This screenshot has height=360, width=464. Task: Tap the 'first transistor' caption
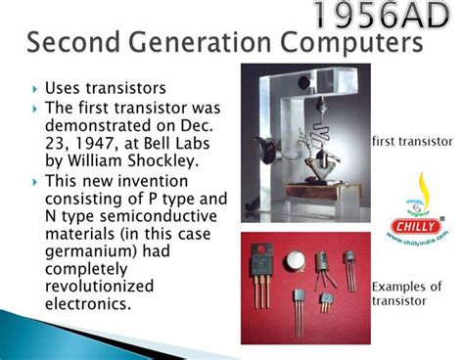coord(412,142)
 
